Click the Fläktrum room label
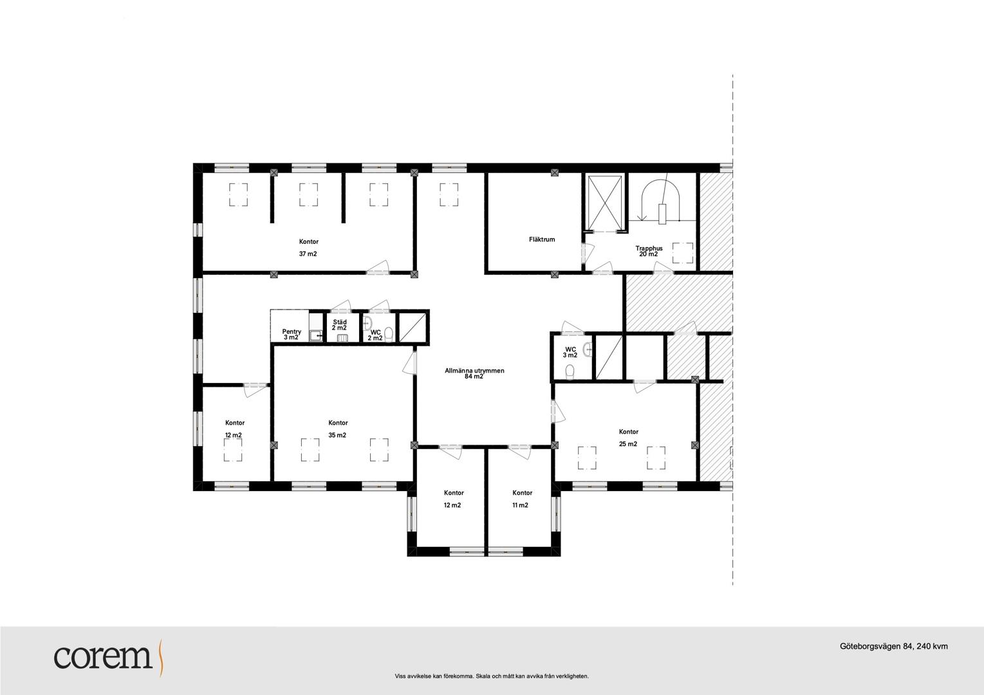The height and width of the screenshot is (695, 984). click(542, 239)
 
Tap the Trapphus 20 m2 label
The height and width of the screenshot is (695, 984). click(649, 251)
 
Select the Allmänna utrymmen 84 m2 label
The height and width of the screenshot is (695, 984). click(474, 373)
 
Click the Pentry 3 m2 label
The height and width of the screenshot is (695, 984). click(292, 335)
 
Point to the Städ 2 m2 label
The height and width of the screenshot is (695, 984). click(340, 325)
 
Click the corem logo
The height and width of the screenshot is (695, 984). click(108, 657)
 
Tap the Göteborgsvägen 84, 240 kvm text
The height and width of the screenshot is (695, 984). click(893, 646)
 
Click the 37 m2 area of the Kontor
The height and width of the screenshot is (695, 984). click(308, 254)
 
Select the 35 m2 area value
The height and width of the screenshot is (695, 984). click(337, 436)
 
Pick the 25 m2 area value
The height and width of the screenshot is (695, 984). click(628, 444)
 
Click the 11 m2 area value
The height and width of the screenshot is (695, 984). click(520, 505)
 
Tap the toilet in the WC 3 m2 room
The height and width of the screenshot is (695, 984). click(570, 372)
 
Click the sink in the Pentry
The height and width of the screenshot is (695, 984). click(315, 336)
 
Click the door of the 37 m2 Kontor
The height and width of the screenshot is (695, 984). click(378, 268)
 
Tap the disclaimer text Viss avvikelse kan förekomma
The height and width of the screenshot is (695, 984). click(435, 676)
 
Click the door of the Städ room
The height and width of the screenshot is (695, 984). click(341, 306)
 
